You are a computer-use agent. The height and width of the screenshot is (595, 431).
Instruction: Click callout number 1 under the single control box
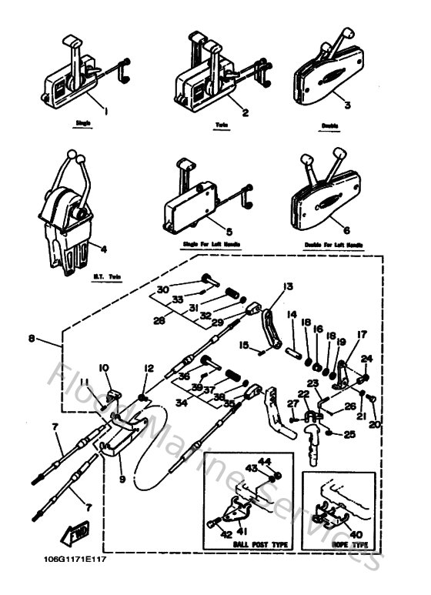coord(105,111)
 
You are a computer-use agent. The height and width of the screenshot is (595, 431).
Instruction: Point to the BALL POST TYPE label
coord(239,544)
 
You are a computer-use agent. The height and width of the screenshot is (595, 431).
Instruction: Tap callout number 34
coord(180,402)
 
